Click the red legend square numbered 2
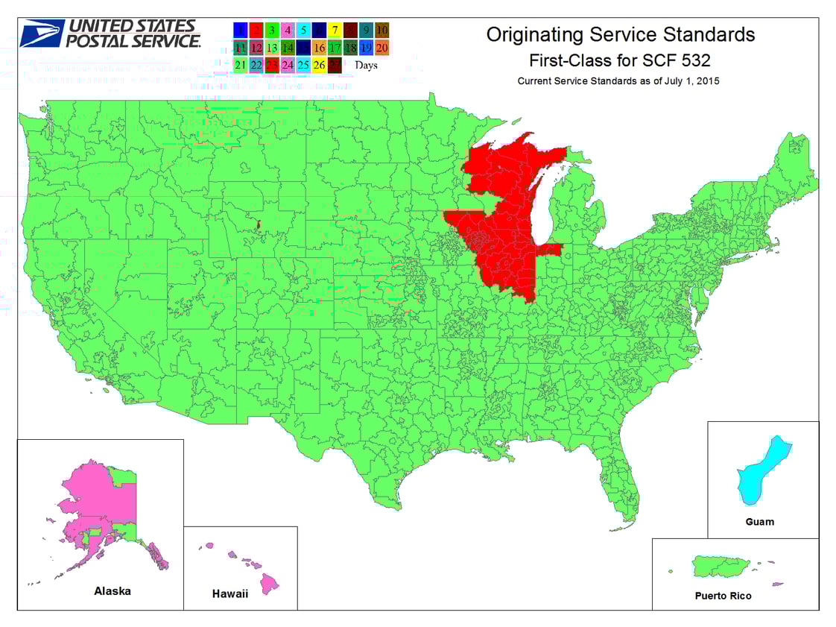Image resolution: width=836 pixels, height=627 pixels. point(256,30)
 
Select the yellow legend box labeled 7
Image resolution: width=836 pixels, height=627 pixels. point(335,30)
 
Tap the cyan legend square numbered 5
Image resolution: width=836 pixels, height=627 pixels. point(303,30)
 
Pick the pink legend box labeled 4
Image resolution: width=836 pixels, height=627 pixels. point(287,30)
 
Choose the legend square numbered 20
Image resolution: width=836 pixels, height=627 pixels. point(381,47)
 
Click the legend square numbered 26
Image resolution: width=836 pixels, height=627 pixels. point(318,64)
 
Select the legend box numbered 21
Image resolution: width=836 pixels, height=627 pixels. point(240,64)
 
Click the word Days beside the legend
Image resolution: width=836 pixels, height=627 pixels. point(366,65)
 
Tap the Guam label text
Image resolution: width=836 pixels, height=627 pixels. point(759,522)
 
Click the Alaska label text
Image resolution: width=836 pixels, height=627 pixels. point(113,591)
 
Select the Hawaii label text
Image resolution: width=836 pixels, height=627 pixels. point(229,594)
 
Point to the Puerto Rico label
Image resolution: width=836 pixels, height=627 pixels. point(723,596)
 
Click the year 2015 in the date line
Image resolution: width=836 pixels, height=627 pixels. point(706,81)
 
